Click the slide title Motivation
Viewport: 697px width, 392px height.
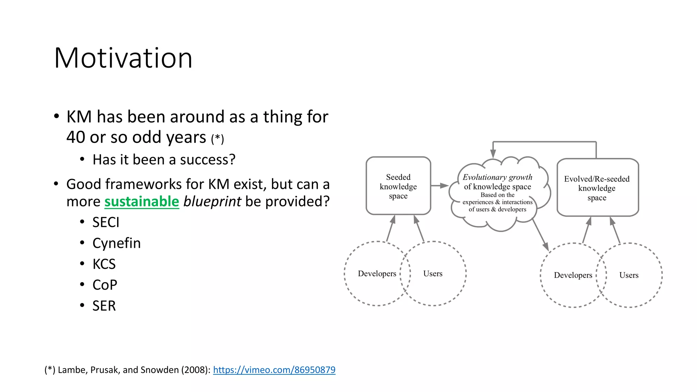[123, 58]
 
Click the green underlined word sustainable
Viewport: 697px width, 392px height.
[142, 201]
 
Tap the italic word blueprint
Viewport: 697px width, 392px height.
[212, 201]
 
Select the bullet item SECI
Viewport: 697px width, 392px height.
[106, 223]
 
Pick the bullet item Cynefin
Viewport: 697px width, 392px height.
[116, 243]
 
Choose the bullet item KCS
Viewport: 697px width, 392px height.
[104, 264]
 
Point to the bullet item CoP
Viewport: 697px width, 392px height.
[105, 285]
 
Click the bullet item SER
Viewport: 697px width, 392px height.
[104, 306]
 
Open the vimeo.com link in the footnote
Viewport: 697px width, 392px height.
[274, 370]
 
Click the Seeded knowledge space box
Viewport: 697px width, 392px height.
[398, 186]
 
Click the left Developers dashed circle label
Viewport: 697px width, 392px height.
[377, 274]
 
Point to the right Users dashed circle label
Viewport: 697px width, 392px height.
[629, 275]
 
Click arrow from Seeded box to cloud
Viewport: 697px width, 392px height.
[439, 185]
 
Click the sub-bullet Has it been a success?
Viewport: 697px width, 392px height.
[164, 160]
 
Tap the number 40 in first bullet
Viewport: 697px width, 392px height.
[76, 137]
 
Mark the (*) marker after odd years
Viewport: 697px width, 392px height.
[217, 139]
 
